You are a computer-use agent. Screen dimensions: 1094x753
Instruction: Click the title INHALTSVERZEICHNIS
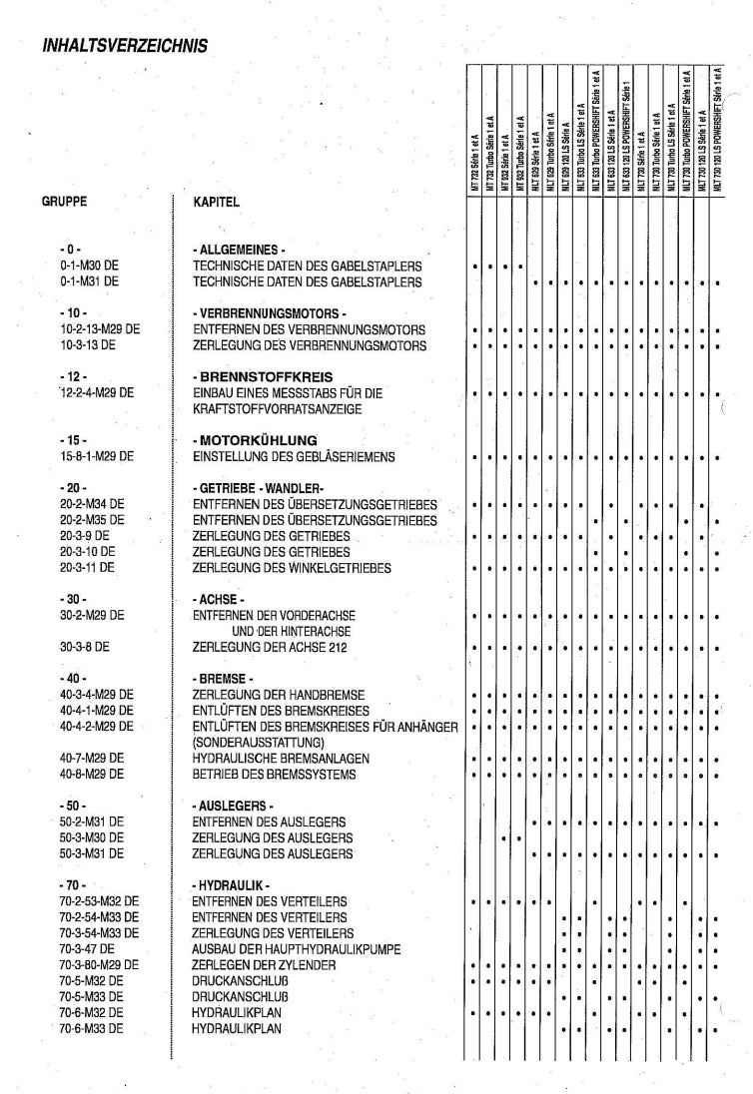pos(125,45)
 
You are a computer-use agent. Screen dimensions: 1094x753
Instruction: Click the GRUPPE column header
pos(64,201)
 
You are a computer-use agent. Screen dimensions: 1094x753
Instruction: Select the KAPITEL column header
pos(216,202)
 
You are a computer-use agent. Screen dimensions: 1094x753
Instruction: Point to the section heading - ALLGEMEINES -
pos(240,250)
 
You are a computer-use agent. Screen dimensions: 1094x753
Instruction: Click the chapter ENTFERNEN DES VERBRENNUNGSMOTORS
pos(309,329)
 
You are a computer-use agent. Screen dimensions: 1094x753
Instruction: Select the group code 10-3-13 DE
pos(89,345)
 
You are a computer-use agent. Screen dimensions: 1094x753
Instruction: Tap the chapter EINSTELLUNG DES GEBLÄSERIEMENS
pos(294,456)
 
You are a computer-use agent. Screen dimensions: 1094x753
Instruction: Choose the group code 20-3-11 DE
pos(87,567)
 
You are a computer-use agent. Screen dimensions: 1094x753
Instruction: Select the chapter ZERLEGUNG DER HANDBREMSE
pos(278,694)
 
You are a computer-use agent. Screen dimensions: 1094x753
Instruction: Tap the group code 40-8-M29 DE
pos(92,774)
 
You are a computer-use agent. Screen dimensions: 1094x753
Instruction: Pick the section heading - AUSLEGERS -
pos(232,805)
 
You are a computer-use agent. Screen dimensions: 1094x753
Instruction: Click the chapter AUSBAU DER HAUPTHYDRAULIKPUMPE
pos(297,949)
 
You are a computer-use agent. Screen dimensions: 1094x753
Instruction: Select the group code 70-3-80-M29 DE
pos(99,965)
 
